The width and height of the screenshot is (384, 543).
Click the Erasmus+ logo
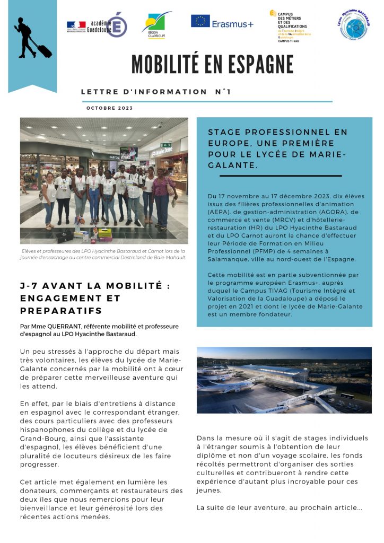coord(222,22)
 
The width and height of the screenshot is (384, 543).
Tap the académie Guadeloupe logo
coord(97,25)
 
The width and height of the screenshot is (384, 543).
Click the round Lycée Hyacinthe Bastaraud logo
coord(354,25)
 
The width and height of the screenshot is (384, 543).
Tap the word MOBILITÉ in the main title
coord(163,64)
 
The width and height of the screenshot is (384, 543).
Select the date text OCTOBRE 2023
coord(109,108)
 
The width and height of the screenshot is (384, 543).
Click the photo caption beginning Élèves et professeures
coord(104,255)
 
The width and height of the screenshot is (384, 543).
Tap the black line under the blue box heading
coord(280,176)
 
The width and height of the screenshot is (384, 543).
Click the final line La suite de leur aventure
coord(279,507)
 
